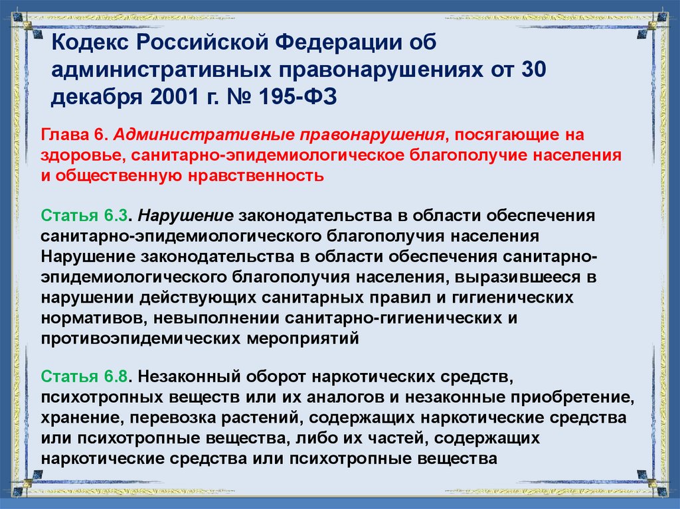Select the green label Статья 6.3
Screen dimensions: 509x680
click(x=84, y=217)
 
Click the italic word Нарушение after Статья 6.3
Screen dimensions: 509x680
click(x=187, y=217)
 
